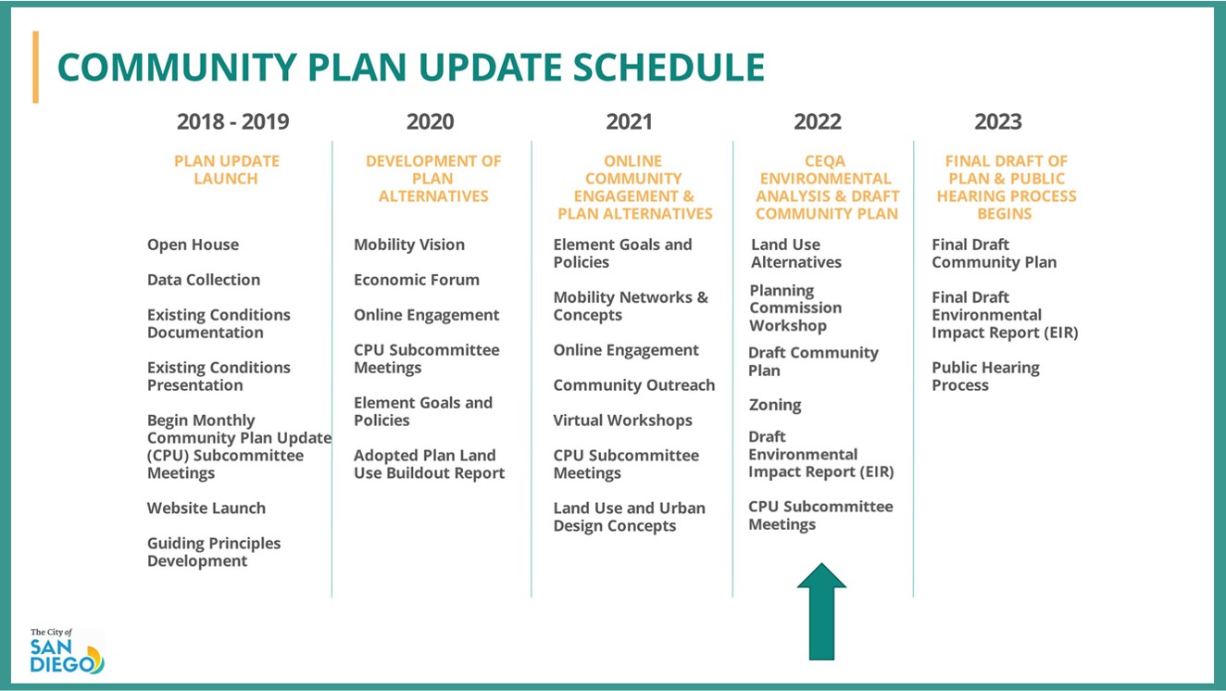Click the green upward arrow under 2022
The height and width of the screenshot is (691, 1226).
coord(821,611)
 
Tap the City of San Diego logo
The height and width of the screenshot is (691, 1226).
coord(67,650)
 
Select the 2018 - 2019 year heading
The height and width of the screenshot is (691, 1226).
coord(232,121)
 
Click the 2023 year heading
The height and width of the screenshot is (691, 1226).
coord(998,121)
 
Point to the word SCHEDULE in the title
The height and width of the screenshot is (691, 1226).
coord(669,68)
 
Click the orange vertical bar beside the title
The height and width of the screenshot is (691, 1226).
coord(35,67)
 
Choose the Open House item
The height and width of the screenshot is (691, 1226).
coord(193,245)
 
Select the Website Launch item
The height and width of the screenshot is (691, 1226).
coord(206,509)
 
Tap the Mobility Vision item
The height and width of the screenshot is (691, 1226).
coord(409,245)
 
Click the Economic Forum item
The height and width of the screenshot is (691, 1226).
coord(417,280)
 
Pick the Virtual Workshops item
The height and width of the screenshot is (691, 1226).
coord(623,421)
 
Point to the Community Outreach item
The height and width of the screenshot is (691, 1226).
coord(633,385)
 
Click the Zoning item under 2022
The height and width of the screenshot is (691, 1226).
coord(775,405)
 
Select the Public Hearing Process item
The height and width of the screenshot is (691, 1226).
coord(986,376)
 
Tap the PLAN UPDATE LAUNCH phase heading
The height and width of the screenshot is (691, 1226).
coord(226,170)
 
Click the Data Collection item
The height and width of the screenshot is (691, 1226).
coord(204,280)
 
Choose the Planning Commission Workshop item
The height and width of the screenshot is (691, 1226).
coord(795,308)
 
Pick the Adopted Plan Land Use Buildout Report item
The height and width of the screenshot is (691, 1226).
coord(429,464)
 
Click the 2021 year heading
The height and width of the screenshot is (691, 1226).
coord(629,121)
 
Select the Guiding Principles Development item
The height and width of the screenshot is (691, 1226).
coord(214,552)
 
